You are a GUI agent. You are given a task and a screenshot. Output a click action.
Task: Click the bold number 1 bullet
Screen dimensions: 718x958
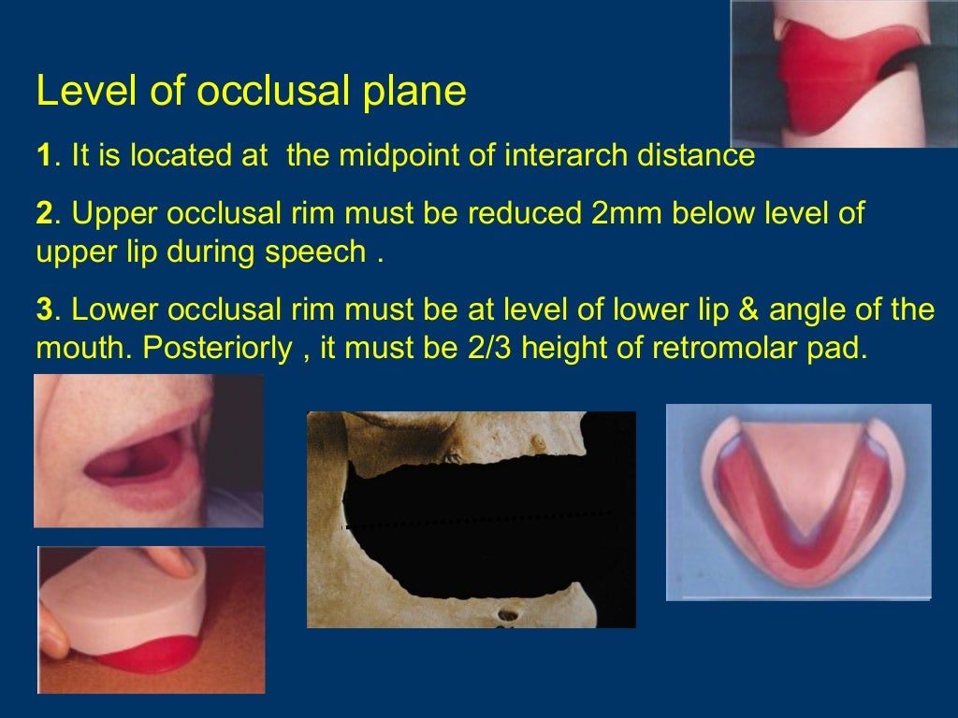click(x=43, y=156)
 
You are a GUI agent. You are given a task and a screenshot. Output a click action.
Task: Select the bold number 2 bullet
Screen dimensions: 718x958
click(x=43, y=214)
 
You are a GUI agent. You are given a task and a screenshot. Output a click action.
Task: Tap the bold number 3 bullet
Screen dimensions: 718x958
click(x=43, y=310)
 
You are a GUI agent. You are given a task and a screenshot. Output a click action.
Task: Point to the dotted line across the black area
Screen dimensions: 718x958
click(x=477, y=521)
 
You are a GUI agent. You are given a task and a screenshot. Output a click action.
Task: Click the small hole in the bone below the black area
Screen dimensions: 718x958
click(x=509, y=616)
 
